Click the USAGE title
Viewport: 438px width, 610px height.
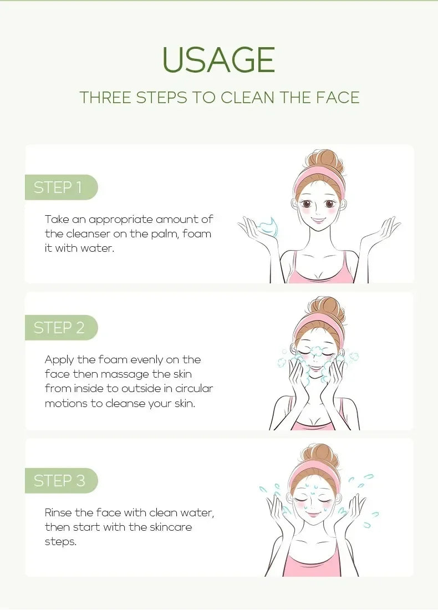click(218, 60)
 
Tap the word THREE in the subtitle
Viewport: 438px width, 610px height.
click(105, 97)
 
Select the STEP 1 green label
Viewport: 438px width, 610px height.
click(58, 187)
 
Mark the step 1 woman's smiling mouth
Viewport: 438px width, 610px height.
click(319, 221)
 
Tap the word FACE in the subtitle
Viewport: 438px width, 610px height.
click(338, 97)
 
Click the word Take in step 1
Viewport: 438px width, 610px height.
click(57, 219)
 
